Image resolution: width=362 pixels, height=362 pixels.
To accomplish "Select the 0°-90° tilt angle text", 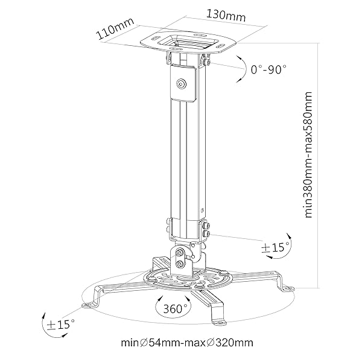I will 268,69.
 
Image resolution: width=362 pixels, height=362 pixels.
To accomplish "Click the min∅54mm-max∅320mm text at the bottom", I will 186,343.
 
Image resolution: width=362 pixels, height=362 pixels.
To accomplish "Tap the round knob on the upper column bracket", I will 182,84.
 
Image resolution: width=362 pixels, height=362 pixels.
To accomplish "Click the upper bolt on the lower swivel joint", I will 180,253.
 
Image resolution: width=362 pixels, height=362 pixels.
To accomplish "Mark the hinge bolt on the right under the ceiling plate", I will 209,61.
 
